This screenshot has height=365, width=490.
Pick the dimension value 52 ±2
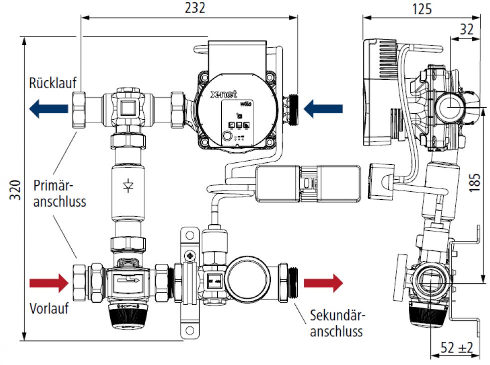pos(456,347)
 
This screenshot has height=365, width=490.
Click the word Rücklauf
pos(53,83)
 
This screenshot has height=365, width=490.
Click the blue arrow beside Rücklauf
pos(48,108)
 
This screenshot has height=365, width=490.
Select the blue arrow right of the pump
pos(324,108)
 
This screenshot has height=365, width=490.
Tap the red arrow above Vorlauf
pos(49,283)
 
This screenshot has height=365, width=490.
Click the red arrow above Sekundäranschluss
pos(323,283)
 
